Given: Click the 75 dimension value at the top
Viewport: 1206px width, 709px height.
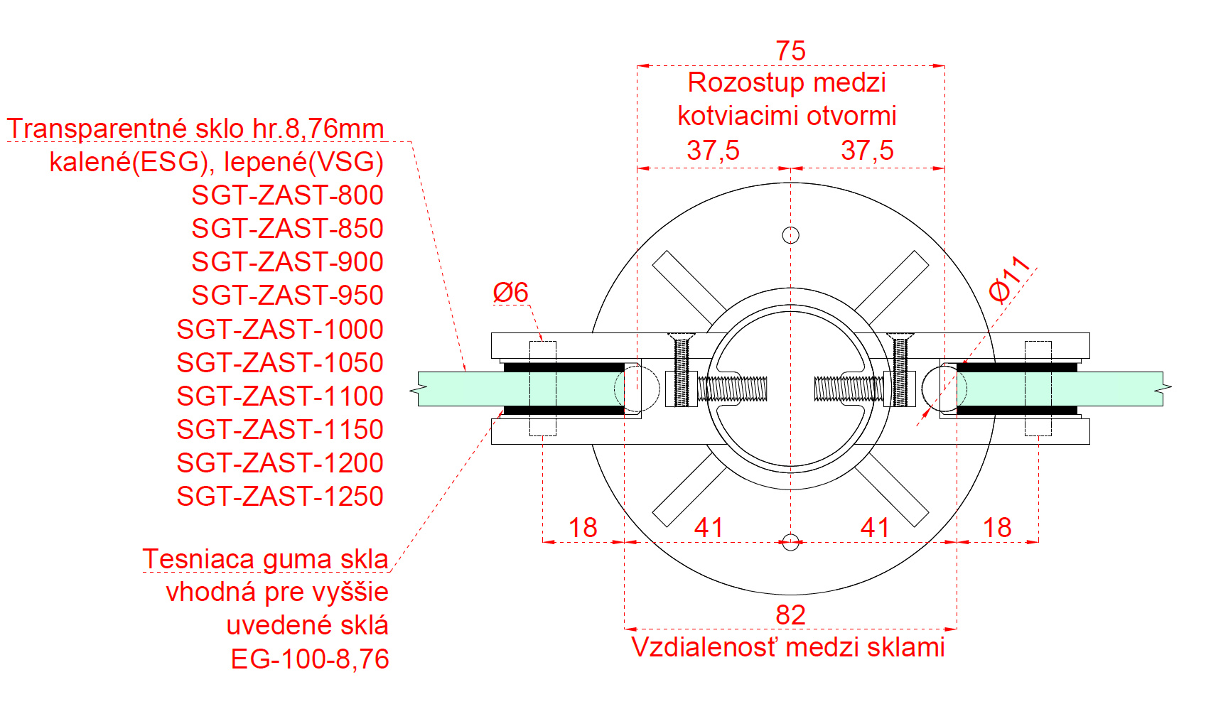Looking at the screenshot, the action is (790, 51).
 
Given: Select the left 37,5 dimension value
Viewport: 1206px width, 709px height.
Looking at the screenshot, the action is (713, 150).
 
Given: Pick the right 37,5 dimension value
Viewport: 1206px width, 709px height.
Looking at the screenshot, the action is (867, 150).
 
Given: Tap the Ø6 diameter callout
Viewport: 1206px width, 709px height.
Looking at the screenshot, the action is (510, 292).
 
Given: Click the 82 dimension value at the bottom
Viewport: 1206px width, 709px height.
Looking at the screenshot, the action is (790, 615).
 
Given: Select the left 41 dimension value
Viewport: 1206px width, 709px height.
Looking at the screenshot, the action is (709, 528).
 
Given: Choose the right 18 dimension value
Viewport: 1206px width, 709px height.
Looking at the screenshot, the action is (997, 528).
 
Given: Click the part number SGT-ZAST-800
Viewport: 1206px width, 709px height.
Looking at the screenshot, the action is (288, 195).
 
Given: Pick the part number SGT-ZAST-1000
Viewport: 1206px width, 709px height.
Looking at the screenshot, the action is (280, 329).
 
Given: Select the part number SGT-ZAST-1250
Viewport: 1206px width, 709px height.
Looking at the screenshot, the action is (280, 496).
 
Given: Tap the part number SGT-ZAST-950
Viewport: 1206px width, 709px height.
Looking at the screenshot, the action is (288, 295).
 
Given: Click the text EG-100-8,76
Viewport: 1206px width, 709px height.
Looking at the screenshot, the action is (310, 659).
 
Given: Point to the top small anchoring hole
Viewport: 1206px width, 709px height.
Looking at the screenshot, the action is (790, 235).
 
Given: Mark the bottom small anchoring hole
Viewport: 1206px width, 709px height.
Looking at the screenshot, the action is (790, 542).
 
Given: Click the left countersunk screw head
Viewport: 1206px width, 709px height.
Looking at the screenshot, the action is (681, 337).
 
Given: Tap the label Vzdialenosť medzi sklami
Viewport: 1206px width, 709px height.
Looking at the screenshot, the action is (788, 647).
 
